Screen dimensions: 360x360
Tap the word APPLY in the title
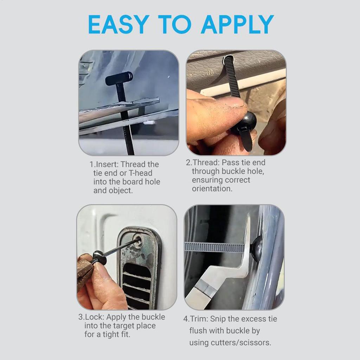click(x=237, y=24)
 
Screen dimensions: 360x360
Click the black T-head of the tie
click(x=119, y=78)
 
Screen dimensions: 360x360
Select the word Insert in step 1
click(x=108, y=165)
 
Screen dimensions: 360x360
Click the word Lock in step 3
click(x=94, y=317)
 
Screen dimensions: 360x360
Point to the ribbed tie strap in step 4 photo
click(x=214, y=247)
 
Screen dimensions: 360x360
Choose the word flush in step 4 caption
click(x=199, y=331)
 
